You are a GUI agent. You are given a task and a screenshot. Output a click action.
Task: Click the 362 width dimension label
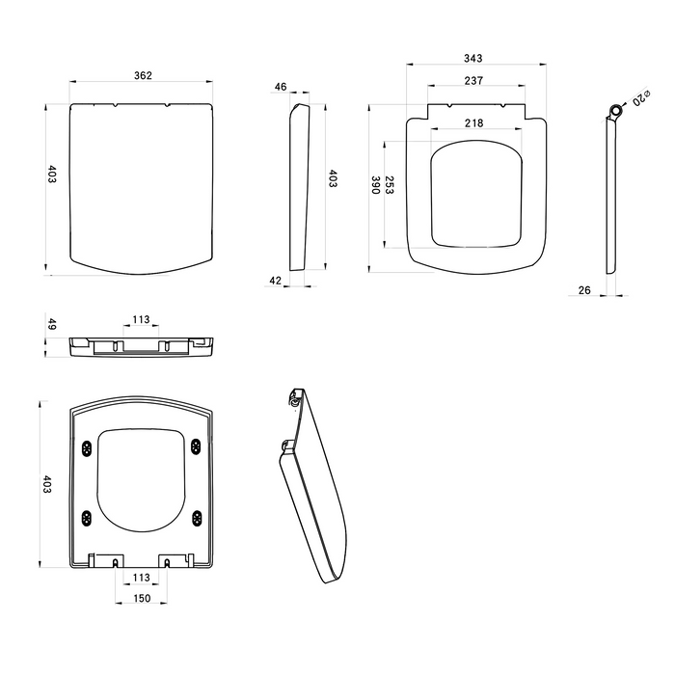(142, 75)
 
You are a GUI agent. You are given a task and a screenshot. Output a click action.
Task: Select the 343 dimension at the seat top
(472, 59)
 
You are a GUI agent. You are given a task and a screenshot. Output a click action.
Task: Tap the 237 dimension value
(472, 81)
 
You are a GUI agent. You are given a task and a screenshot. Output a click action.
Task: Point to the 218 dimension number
(473, 122)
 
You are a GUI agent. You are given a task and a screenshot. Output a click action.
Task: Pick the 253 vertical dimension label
(391, 187)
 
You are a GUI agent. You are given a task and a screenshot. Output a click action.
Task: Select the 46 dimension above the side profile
(281, 87)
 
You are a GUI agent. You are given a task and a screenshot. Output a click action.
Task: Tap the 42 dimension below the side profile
(275, 281)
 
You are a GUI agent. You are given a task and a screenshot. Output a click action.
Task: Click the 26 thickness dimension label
(584, 290)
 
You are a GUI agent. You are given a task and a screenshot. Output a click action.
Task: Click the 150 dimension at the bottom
(141, 598)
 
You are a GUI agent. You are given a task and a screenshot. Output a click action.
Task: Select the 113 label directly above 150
(141, 578)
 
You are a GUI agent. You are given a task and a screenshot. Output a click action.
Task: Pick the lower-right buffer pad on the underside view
(197, 517)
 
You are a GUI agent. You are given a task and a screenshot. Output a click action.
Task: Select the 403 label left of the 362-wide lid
(52, 174)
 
